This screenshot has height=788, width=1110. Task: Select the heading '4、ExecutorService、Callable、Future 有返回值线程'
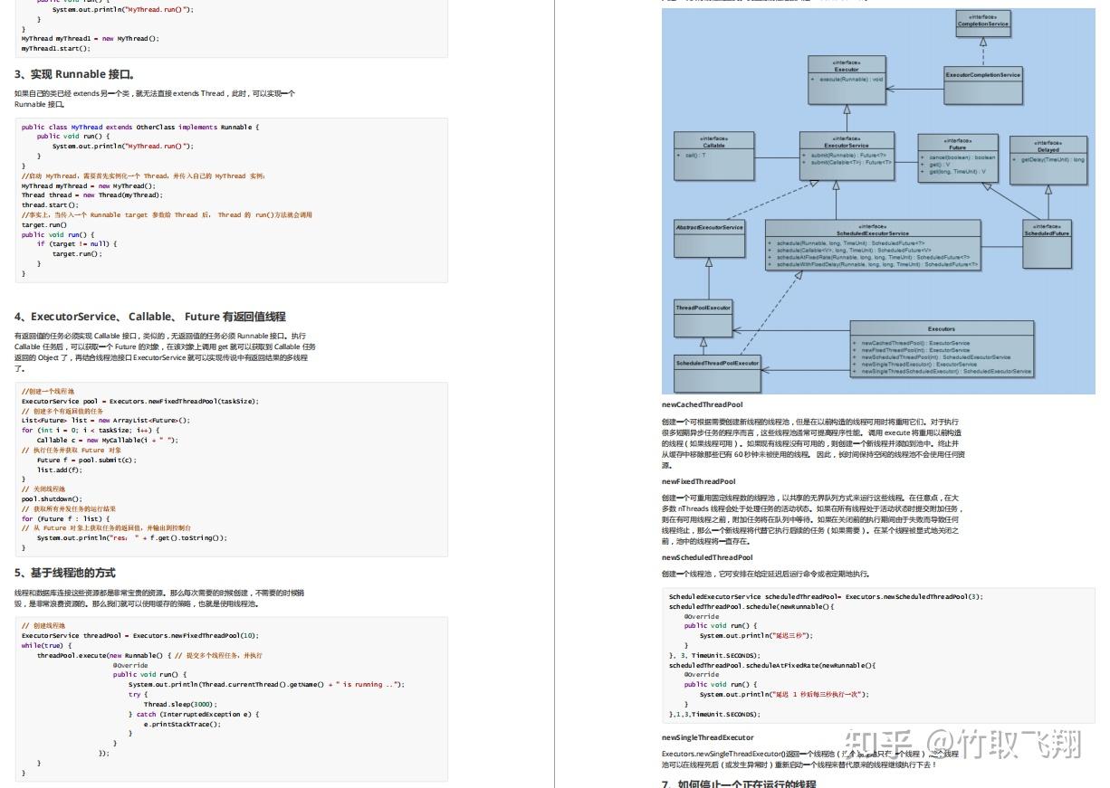coord(149,317)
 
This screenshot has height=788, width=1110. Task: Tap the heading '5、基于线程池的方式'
coord(64,573)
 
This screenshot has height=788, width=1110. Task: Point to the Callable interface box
coord(713,155)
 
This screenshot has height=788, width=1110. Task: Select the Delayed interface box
coord(1048,159)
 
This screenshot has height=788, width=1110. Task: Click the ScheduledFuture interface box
coord(1047,242)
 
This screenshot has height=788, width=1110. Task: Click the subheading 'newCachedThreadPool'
coord(702,405)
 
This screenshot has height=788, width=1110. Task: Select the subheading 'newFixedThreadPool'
coord(698,481)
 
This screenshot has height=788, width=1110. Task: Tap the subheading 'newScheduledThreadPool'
coord(706,557)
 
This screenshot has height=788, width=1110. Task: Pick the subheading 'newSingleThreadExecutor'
coord(707,737)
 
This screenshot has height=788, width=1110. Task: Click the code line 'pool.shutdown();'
coord(52,498)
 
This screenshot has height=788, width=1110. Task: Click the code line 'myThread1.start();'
coord(55,48)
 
